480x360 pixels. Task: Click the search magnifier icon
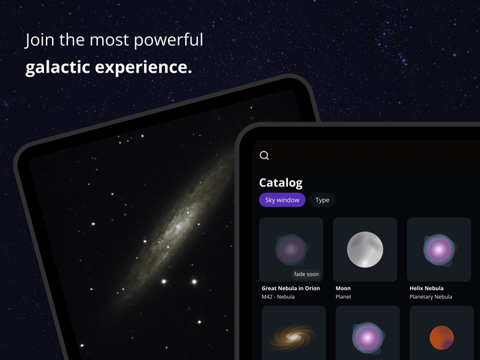(264, 156)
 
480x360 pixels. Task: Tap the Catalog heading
(280, 183)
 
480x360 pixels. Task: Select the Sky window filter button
(282, 200)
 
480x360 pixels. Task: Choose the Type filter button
(322, 200)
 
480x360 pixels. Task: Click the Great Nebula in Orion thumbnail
(291, 250)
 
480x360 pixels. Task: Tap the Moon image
(365, 250)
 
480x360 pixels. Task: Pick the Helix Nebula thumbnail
(439, 250)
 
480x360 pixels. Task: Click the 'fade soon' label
(306, 274)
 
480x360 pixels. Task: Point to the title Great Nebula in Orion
(291, 289)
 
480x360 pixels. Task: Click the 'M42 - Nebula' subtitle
(278, 297)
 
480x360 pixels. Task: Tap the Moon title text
(343, 289)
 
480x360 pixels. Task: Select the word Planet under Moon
(344, 297)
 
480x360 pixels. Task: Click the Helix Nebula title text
(427, 289)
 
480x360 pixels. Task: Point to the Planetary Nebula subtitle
(431, 297)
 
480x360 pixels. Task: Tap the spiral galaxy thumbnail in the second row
(293, 336)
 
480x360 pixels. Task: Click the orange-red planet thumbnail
(442, 337)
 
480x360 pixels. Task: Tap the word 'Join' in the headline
(38, 40)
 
